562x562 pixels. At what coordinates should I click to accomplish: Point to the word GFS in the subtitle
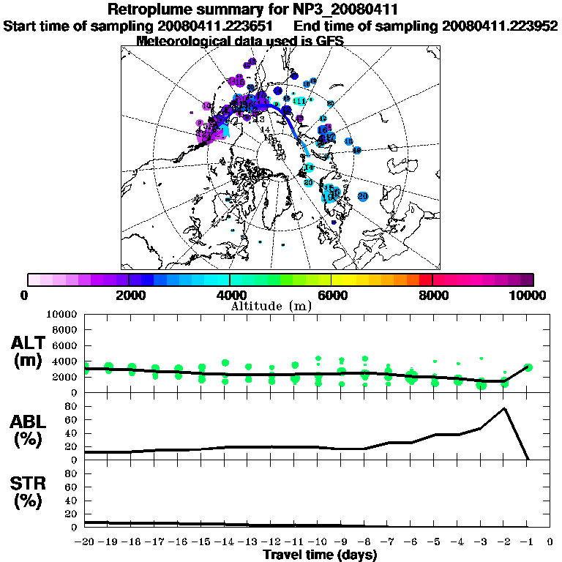click(331, 41)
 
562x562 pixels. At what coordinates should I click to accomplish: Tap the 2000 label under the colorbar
click(129, 296)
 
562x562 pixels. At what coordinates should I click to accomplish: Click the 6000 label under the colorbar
click(331, 296)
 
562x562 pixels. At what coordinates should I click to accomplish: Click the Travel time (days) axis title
click(320, 555)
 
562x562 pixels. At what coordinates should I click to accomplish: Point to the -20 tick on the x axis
click(85, 542)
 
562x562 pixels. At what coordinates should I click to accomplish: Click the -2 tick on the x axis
click(503, 542)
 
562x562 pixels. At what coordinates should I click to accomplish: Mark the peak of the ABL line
click(504, 408)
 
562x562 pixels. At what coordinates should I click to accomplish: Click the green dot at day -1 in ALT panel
click(528, 367)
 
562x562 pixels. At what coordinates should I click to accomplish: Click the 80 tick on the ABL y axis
click(72, 406)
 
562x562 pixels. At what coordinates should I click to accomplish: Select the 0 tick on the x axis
click(551, 542)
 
